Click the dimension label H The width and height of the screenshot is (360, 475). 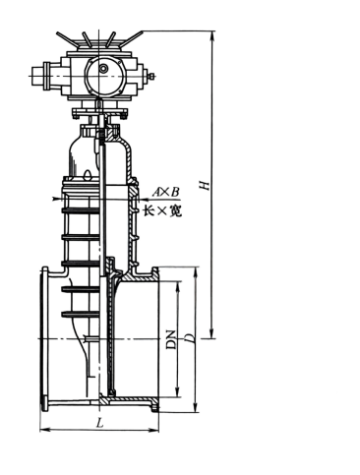point(205,185)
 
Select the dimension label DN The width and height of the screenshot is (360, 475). point(171,339)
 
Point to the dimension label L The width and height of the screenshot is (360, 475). point(99,423)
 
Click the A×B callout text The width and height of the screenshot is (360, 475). point(166,192)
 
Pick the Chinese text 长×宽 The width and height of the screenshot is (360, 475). point(162,211)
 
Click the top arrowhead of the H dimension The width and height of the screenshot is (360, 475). point(212,35)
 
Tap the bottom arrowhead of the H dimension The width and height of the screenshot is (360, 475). point(212,333)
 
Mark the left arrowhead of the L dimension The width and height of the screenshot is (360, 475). point(44,430)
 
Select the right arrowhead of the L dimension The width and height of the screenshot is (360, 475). point(153,430)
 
